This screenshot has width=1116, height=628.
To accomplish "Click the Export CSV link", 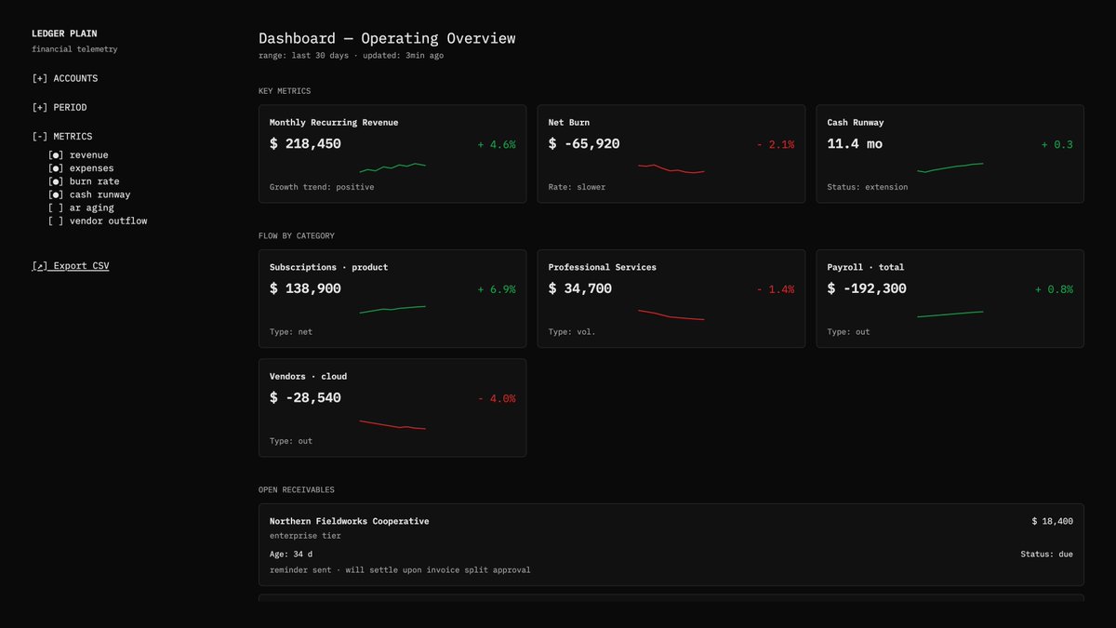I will [x=71, y=266].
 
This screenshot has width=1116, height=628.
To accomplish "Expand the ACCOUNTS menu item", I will [x=64, y=78].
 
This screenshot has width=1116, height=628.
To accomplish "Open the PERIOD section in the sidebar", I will [x=60, y=107].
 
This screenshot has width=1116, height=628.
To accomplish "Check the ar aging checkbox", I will [x=56, y=207].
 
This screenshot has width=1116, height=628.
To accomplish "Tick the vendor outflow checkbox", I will [x=56, y=220].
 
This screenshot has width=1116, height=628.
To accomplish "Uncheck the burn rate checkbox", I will [x=56, y=181].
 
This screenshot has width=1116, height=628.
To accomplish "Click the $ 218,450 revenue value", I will [x=305, y=144].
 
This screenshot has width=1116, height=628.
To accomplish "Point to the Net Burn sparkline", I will [x=671, y=169].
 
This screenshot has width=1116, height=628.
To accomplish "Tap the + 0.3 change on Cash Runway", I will [x=1056, y=144].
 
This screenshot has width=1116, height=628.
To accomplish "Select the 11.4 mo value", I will [x=855, y=144].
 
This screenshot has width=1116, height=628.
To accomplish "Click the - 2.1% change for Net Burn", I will [x=775, y=144].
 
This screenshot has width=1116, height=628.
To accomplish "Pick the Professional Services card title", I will [x=602, y=267].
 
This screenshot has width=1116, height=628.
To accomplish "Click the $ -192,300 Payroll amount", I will [x=867, y=288].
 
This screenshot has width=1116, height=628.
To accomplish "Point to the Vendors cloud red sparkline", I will [x=392, y=425].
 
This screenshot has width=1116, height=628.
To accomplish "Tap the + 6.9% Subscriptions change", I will [x=496, y=289].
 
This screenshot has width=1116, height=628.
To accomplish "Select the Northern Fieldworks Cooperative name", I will [x=349, y=521].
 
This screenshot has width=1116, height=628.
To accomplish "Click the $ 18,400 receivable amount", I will [x=1052, y=521].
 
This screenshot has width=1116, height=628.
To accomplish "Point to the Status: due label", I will [x=1046, y=554].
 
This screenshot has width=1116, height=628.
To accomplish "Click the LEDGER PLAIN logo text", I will [x=64, y=33].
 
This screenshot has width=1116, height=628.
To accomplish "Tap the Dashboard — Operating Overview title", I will [x=386, y=38].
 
